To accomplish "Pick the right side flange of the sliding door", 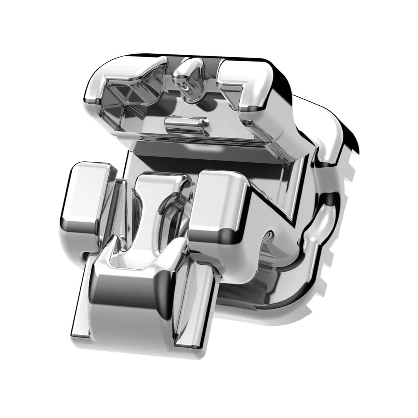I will pyautogui.click(x=195, y=304).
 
